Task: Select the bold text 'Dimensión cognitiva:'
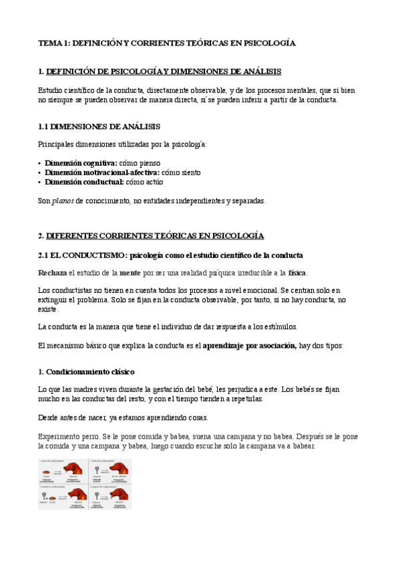tap(80, 162)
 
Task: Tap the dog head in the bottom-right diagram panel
tap(119, 495)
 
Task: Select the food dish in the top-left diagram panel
tap(47, 473)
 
